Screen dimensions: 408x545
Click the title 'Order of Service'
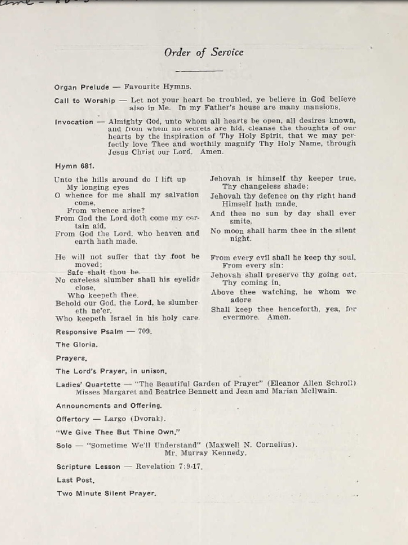point(203,53)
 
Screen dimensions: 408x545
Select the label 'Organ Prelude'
point(81,87)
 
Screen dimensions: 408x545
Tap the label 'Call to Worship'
point(85,100)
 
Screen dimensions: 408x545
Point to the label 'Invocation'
point(74,122)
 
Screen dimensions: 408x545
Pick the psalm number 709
point(144,331)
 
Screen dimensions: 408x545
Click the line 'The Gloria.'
point(77,345)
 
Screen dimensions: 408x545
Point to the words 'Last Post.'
point(75,480)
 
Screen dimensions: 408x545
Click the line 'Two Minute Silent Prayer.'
point(106,494)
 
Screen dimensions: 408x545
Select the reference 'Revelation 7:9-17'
point(169,466)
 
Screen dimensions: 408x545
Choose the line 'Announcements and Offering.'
point(109,405)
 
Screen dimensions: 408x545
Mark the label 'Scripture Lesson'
point(88,466)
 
